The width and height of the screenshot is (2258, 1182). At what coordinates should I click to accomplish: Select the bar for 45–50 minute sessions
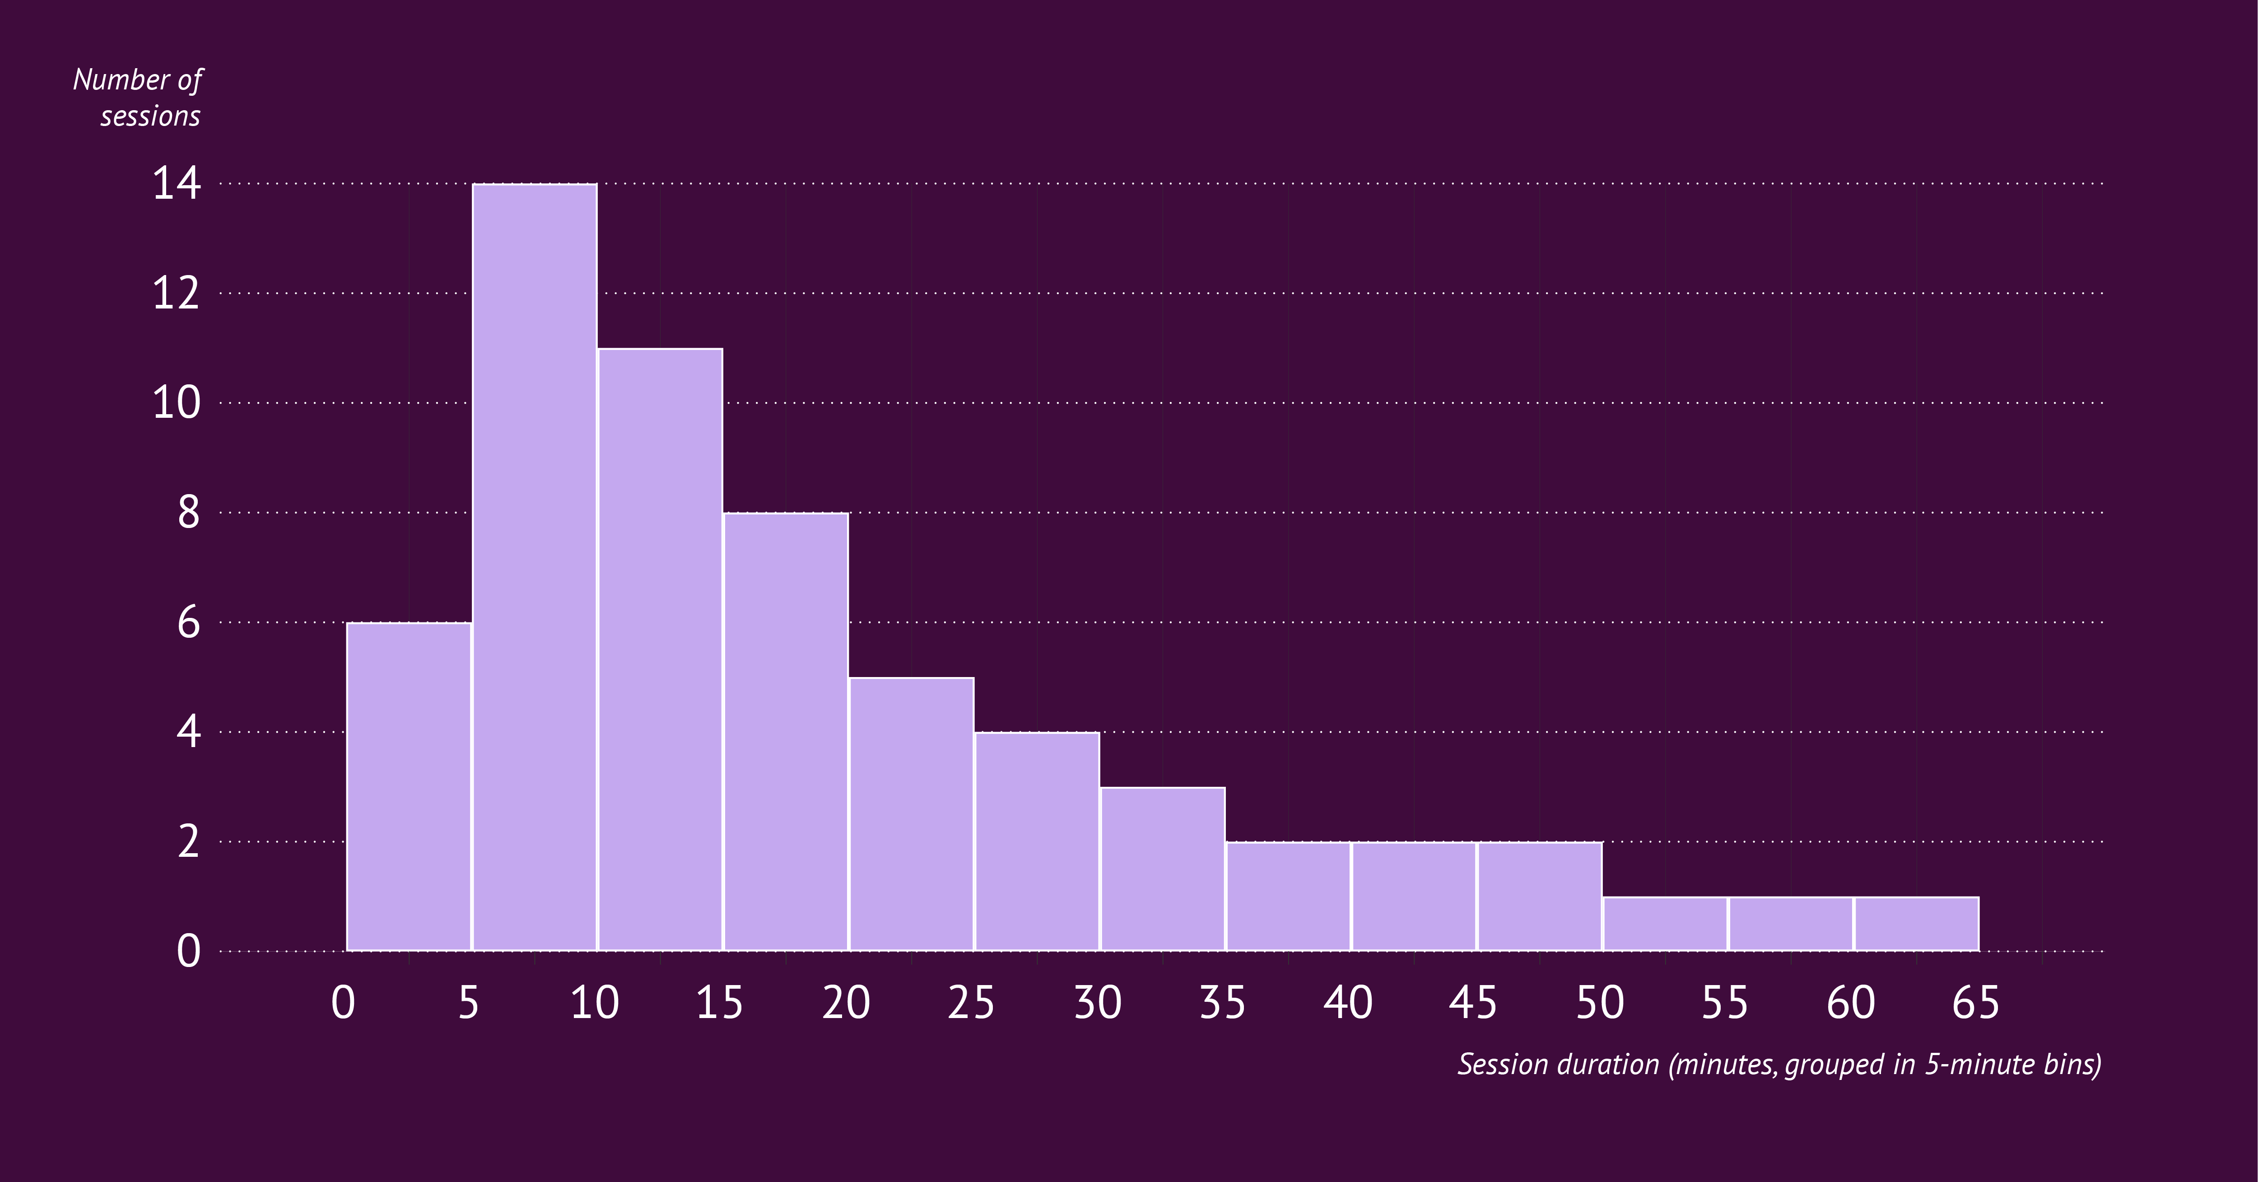[1539, 896]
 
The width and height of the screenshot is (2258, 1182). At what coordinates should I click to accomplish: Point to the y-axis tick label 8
[188, 513]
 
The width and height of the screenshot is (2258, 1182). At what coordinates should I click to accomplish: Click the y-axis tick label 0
[188, 950]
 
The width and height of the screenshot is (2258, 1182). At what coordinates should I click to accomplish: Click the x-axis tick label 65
[1976, 1002]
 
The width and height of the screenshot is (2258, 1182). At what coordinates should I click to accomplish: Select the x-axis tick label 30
[1098, 1002]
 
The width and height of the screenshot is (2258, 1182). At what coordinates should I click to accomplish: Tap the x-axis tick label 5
[469, 1002]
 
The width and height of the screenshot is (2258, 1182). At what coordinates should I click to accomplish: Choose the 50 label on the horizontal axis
[1600, 1002]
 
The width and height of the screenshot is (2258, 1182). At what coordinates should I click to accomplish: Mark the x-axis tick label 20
[846, 1002]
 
